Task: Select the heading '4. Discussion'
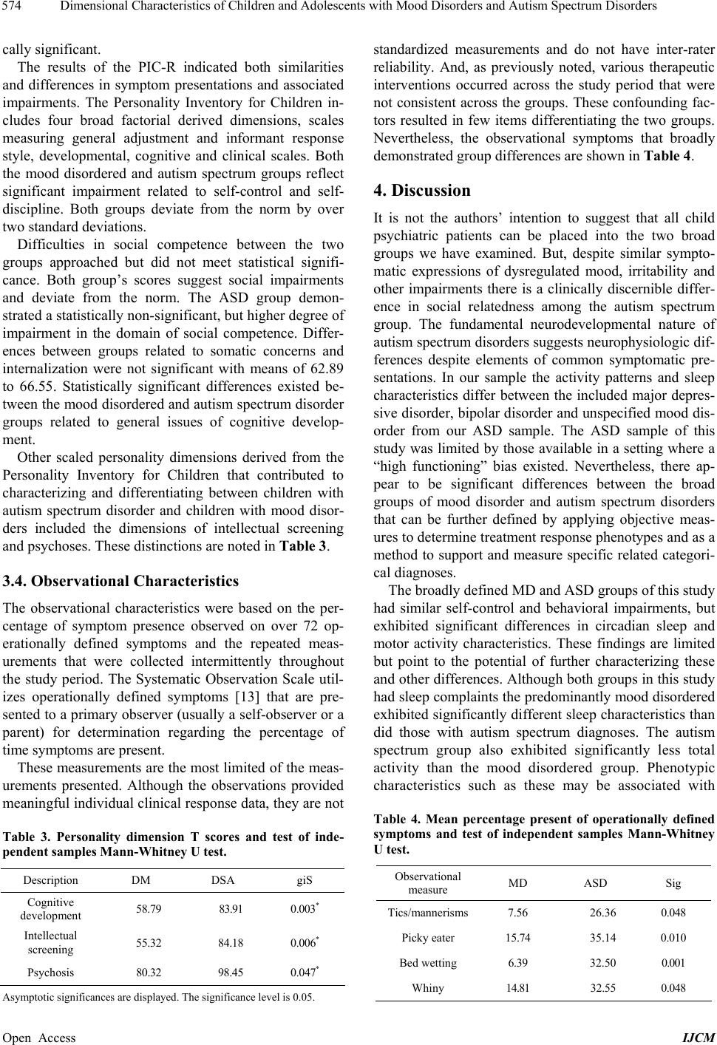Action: (x=422, y=191)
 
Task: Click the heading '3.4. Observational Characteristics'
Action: (x=121, y=581)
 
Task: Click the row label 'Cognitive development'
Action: (x=51, y=909)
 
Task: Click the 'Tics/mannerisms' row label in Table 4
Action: (x=428, y=913)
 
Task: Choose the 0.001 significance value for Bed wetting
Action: (x=673, y=963)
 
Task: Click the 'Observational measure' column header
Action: (x=428, y=882)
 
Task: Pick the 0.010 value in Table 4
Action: (x=673, y=938)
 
